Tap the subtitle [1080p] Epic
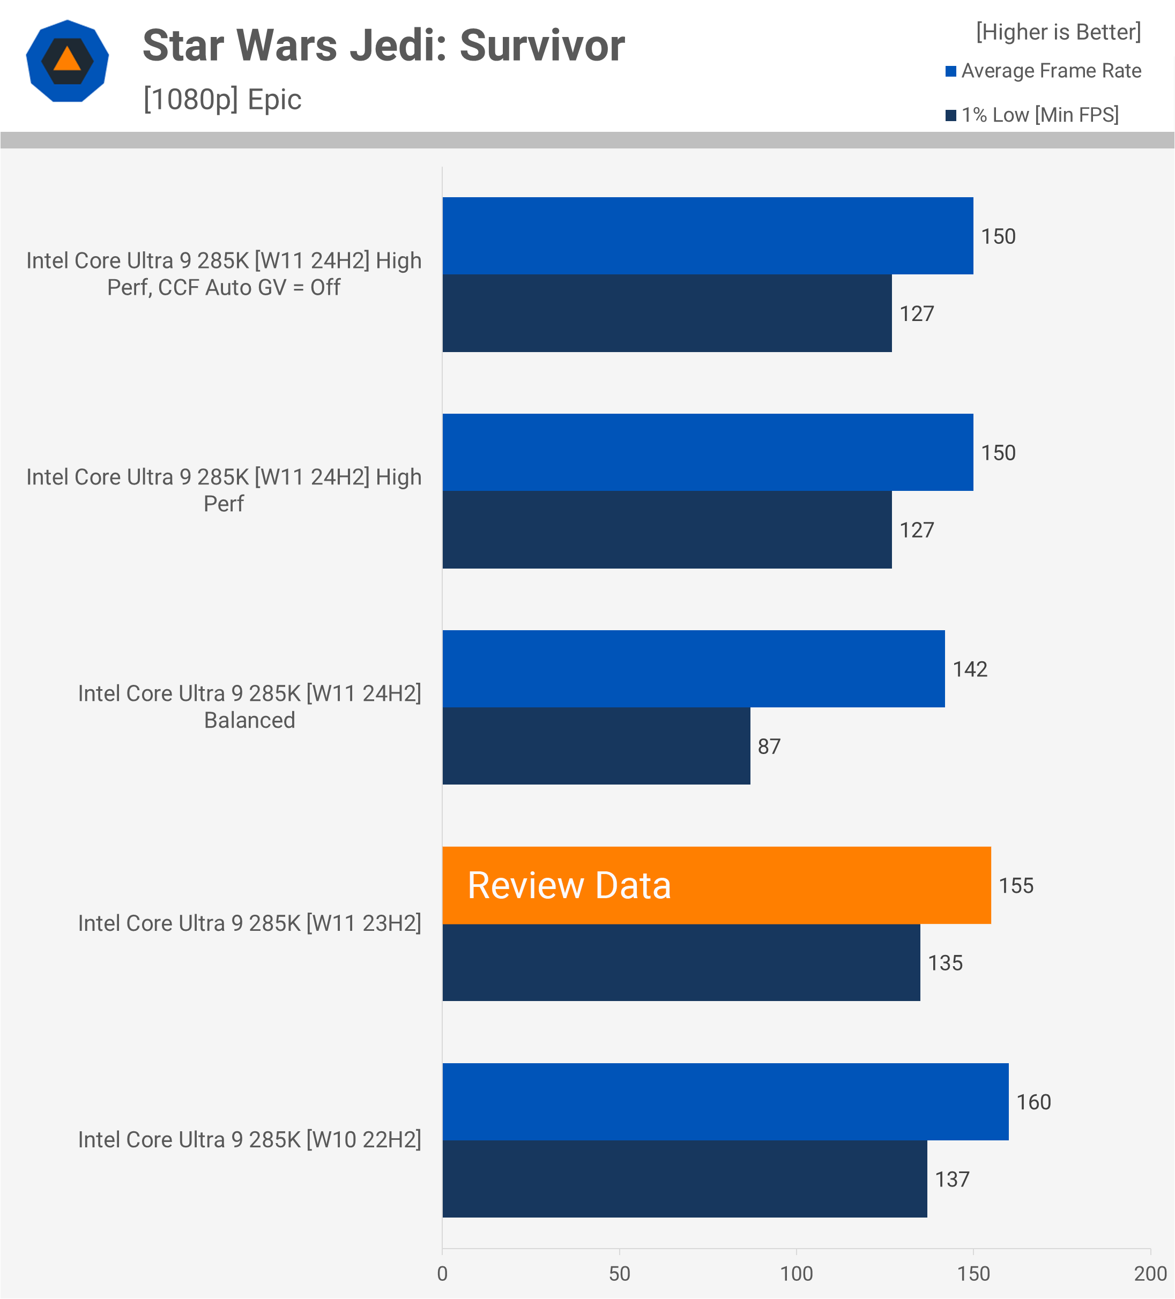[222, 99]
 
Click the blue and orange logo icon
[67, 61]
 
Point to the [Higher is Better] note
[1058, 32]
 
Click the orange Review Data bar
[716, 885]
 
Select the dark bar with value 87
[596, 746]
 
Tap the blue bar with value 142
[693, 669]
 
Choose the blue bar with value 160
[725, 1102]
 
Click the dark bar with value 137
[685, 1179]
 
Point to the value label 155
[1016, 885]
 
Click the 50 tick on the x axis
[620, 1273]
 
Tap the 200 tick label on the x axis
[1150, 1273]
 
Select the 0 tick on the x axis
[442, 1273]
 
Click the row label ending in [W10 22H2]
[249, 1139]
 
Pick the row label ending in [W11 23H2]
[249, 923]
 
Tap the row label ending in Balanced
[249, 706]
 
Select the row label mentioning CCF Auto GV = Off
[224, 274]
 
